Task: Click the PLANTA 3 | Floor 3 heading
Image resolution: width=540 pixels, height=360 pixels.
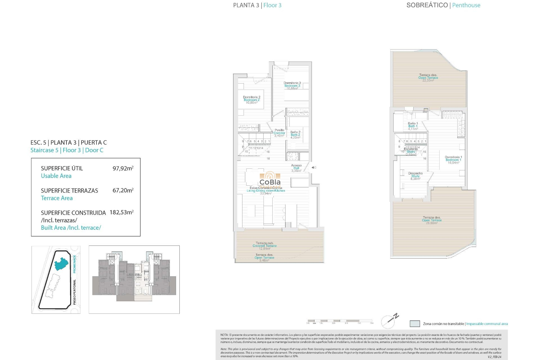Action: coord(257,5)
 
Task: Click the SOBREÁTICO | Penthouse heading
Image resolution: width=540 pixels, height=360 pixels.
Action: coord(443,5)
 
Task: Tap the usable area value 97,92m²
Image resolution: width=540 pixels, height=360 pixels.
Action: coord(123,168)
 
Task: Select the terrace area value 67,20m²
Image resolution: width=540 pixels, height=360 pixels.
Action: coord(123,190)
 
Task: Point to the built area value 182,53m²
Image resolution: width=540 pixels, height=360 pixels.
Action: coord(121,212)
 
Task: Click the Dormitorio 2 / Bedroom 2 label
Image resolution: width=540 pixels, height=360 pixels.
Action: coord(251,100)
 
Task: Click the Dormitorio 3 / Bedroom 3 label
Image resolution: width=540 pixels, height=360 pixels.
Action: coord(292,85)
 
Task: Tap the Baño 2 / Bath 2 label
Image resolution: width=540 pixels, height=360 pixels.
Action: coord(295,135)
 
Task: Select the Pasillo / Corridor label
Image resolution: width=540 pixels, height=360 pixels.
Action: coord(279,133)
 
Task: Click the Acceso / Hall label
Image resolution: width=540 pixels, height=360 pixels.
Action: coord(296,168)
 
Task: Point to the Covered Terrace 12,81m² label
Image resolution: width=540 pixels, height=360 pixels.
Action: coord(264,246)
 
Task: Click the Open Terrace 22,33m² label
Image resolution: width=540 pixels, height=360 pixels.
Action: coord(428,78)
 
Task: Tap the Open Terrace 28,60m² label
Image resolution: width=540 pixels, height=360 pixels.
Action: coord(432,220)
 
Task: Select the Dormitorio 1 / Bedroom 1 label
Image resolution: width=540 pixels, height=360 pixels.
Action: coord(453,160)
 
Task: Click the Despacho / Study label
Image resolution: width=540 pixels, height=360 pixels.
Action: coord(415,176)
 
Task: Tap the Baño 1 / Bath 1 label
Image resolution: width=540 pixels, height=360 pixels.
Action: coord(413,126)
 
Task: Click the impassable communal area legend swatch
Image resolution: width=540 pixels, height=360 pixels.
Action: coord(415,324)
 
